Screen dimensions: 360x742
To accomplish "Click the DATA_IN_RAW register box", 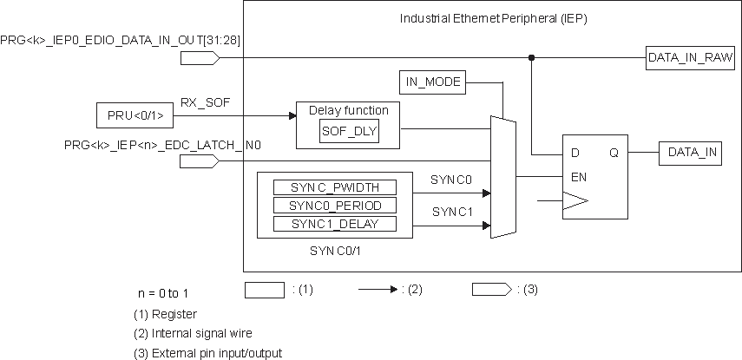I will tap(691, 58).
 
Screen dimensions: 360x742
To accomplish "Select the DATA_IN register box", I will tap(693, 153).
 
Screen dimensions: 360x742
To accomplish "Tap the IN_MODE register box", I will tap(433, 82).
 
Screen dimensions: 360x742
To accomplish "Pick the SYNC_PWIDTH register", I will tap(334, 187).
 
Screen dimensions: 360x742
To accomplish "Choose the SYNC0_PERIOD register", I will tap(334, 206).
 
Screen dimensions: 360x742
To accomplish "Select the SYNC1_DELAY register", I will tap(334, 224).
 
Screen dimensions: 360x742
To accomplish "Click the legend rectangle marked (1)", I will tap(264, 290).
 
